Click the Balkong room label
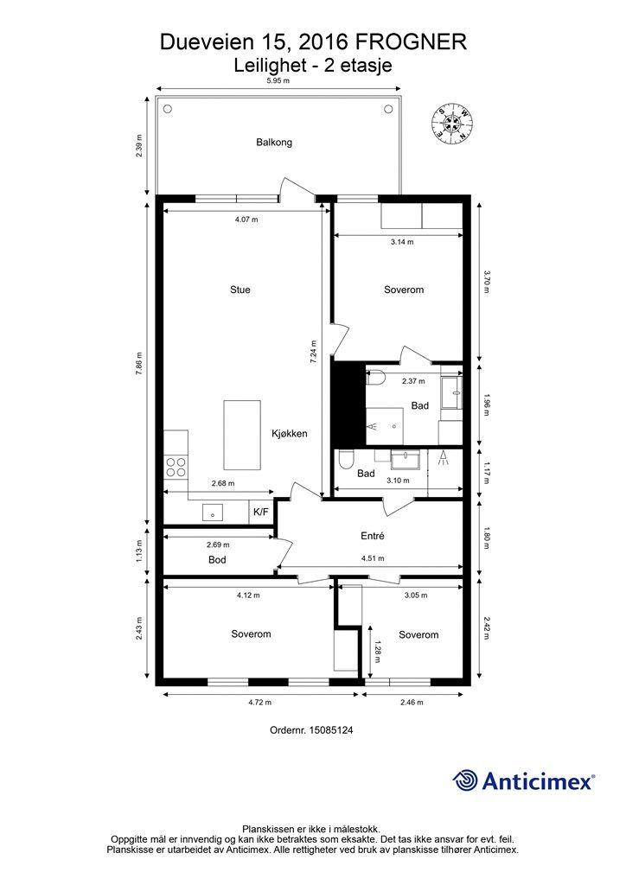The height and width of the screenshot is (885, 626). [x=274, y=143]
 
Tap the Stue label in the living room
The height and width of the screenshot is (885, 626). [x=240, y=290]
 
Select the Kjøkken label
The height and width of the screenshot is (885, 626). [x=290, y=434]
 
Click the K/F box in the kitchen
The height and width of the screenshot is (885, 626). [x=261, y=513]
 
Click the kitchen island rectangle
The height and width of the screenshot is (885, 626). [x=242, y=435]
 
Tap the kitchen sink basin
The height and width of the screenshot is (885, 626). [x=213, y=513]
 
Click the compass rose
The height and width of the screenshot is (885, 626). [x=451, y=123]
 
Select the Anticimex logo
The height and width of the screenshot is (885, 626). [x=523, y=781]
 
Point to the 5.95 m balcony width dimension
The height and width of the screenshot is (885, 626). [x=278, y=80]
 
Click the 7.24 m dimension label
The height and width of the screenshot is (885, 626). [x=313, y=351]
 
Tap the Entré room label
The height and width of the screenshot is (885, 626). [x=373, y=536]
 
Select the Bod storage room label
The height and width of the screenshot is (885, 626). [x=217, y=559]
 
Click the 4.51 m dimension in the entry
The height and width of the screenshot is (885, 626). [x=374, y=559]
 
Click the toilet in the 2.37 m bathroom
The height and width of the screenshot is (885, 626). [x=374, y=377]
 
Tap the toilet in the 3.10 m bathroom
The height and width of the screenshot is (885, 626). [x=345, y=460]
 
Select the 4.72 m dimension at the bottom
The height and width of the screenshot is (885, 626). [x=260, y=703]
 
